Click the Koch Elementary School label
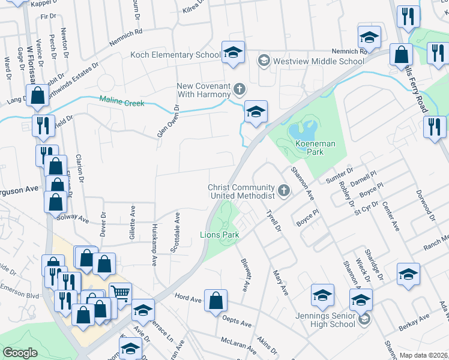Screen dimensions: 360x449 coord(175,55)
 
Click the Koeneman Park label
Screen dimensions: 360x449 coord(309,148)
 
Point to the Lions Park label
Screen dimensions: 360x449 coord(220,235)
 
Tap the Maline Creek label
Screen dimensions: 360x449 coord(122,102)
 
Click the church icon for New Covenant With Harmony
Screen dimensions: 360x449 coord(239,90)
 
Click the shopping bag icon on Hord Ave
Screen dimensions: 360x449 coord(215,301)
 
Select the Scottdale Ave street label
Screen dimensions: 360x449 coord(177,233)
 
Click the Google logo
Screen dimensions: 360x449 coord(20,353)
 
